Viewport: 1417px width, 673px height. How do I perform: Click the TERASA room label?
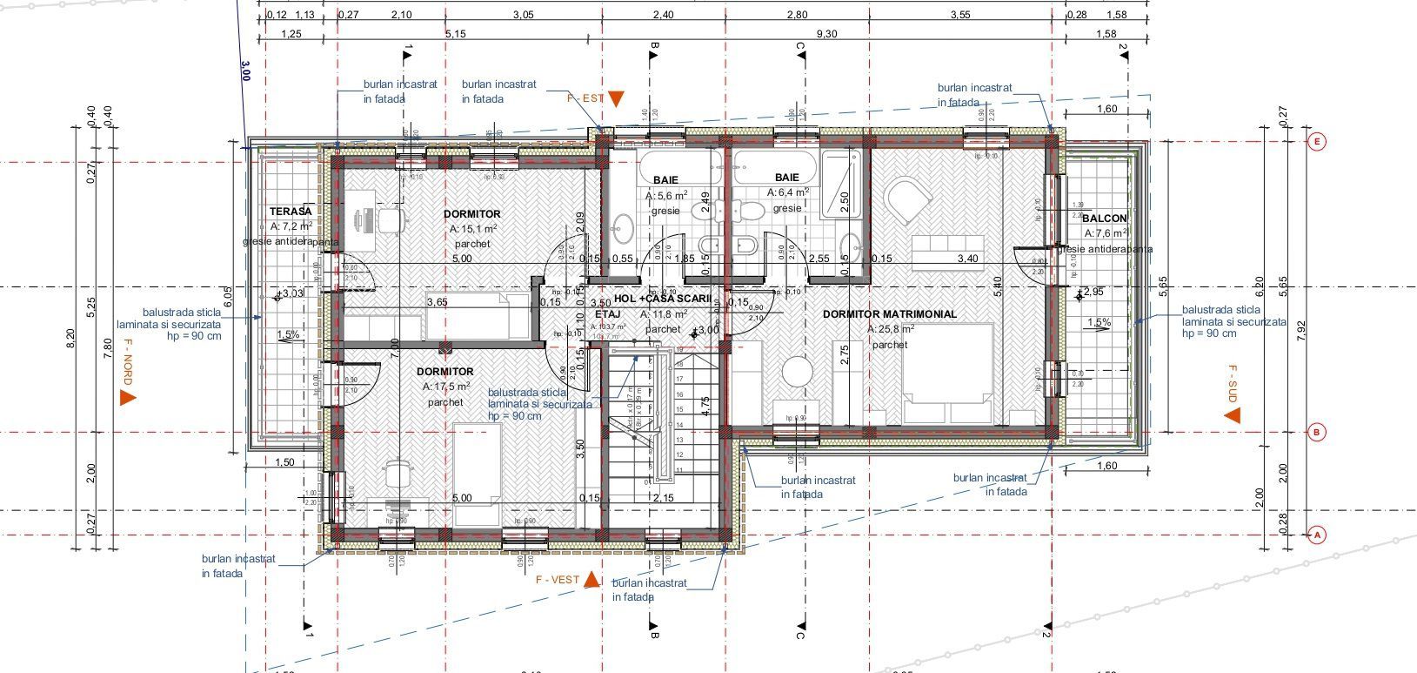[x=290, y=212]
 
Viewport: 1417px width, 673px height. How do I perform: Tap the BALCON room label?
[x=1105, y=219]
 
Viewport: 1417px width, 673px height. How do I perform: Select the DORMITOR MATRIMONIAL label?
[x=889, y=313]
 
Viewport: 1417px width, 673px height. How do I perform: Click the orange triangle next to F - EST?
[x=616, y=98]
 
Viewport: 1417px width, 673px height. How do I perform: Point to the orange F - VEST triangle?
[x=591, y=580]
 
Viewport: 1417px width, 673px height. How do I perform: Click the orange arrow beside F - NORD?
[x=127, y=398]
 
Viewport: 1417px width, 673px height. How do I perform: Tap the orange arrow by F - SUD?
[x=1232, y=415]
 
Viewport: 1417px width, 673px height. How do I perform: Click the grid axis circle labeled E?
[x=1316, y=142]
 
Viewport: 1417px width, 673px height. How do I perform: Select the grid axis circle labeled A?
[x=1316, y=535]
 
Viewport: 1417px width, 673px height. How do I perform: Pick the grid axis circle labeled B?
[x=1316, y=432]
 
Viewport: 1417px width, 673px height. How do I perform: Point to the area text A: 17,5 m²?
[x=446, y=386]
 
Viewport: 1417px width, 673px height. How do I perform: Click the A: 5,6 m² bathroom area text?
[x=667, y=196]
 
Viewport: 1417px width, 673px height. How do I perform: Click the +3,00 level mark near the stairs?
[x=706, y=331]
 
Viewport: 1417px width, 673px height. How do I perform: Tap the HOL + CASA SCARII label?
[x=663, y=298]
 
